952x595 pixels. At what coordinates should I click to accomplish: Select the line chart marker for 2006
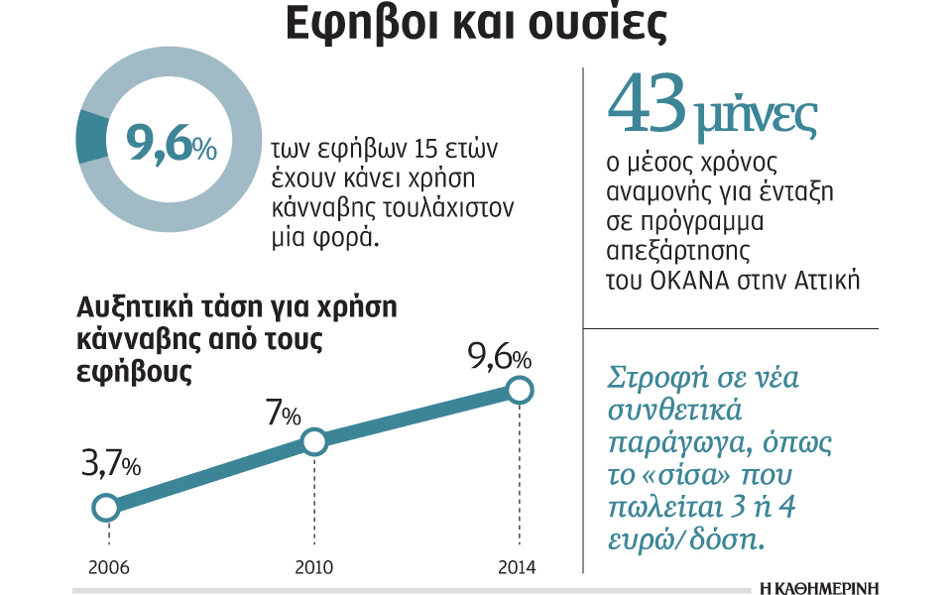105,508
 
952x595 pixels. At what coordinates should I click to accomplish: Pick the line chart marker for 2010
313,442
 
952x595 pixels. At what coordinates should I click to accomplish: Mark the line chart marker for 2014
520,390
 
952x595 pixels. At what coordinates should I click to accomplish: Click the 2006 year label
108,568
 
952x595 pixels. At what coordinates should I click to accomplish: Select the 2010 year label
314,568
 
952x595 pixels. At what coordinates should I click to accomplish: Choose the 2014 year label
517,568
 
